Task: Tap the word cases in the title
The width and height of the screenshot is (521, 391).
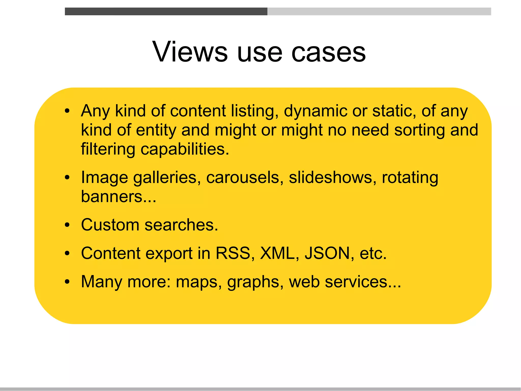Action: coord(328,52)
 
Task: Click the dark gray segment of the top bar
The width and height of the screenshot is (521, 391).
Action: coord(166,11)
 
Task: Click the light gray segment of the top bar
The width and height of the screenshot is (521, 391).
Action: coord(379,11)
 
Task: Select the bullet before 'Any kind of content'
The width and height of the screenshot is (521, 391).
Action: coord(67,111)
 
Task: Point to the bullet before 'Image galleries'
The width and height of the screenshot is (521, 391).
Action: coord(67,177)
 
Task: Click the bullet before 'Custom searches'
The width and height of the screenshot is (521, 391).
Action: coord(67,225)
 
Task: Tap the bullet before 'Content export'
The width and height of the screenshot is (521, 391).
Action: coord(67,253)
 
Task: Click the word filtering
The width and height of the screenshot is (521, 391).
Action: coord(108,149)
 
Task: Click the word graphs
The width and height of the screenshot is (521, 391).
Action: coord(253,282)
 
